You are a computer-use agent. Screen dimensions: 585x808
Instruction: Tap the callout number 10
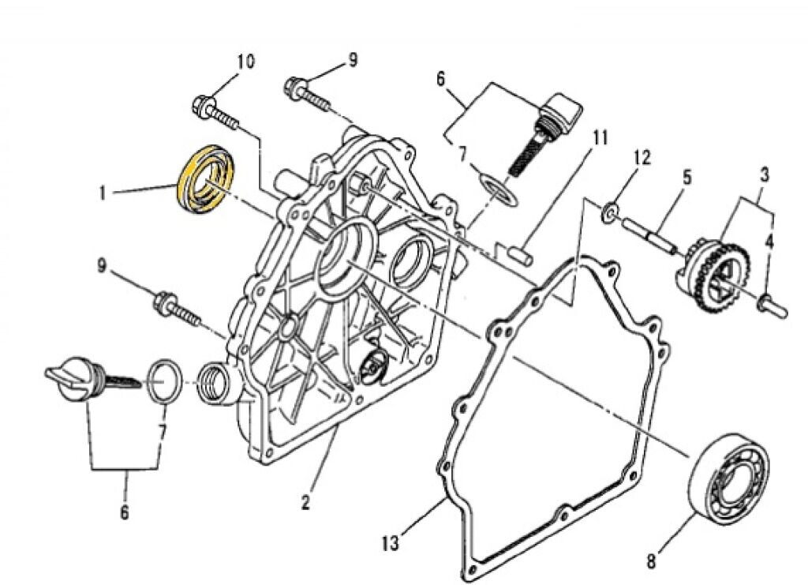pyautogui.click(x=245, y=61)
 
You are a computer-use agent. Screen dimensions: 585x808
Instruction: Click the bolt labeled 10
pyautogui.click(x=215, y=113)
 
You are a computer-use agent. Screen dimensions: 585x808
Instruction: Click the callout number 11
pyautogui.click(x=601, y=140)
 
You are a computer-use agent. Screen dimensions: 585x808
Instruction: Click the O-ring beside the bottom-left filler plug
pyautogui.click(x=163, y=381)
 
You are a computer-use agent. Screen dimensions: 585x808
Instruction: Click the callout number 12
pyautogui.click(x=641, y=157)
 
